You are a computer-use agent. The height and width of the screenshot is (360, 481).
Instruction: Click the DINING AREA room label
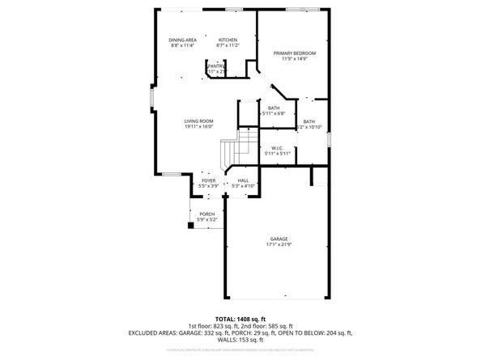183,40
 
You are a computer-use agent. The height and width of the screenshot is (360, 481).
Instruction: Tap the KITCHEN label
227,40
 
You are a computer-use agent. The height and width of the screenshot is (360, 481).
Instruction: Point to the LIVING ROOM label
198,121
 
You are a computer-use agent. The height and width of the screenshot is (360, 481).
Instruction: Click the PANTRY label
216,66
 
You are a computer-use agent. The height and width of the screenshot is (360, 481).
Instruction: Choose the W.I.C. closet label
276,147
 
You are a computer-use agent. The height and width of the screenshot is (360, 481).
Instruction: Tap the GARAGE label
280,239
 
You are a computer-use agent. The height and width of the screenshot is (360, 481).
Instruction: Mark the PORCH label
207,214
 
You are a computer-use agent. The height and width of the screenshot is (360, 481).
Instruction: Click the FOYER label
209,180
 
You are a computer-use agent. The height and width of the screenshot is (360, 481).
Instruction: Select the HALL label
242,180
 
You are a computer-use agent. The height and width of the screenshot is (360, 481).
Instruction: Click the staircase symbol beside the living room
232,150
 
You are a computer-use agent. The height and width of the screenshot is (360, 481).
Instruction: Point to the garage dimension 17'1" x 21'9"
280,244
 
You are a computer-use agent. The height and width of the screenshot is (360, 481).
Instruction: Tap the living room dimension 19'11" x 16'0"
198,127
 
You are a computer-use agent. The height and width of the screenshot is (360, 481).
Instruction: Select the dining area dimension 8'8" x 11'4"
183,46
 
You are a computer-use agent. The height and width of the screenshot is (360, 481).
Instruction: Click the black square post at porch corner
191,226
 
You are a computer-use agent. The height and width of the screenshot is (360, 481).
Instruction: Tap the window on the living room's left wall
151,98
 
